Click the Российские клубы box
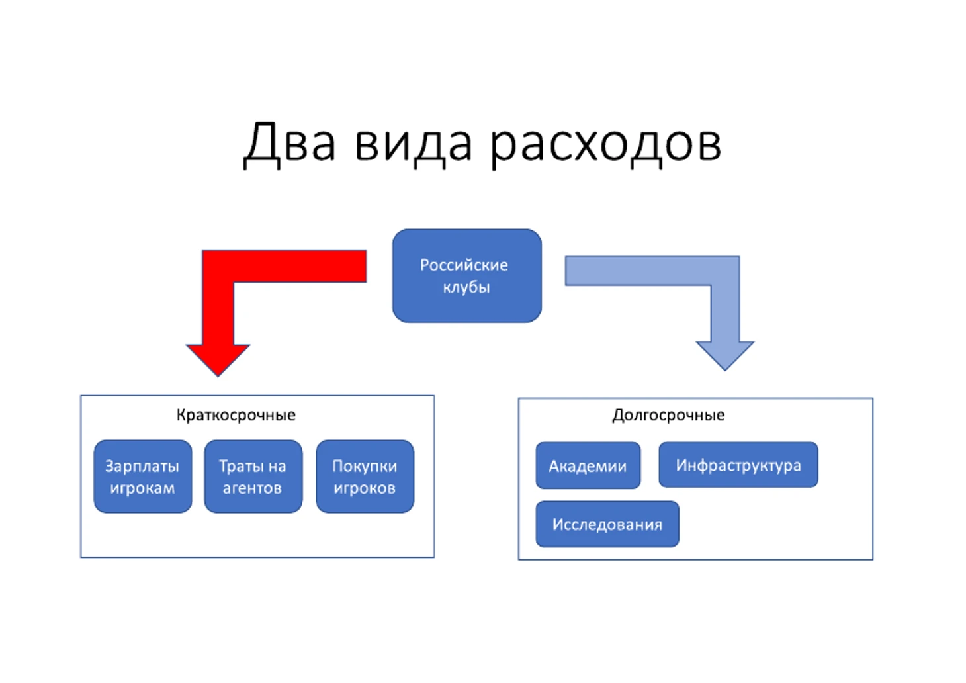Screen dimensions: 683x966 pos(466,275)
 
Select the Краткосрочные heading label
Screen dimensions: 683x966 pos(236,415)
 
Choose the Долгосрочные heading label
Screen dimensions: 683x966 pos(668,415)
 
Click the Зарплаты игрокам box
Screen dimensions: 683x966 pos(142,477)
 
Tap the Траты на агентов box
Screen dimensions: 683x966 pos(253,477)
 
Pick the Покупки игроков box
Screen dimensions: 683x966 pos(365,477)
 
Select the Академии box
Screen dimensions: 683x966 pos(588,466)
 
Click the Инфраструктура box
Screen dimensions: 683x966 pos(738,465)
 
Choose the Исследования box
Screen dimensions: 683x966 pos(607,524)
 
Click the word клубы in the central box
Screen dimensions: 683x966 pos(466,287)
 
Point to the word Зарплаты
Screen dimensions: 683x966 pos(142,466)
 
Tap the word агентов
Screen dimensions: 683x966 pos(252,488)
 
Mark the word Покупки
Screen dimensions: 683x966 pos(365,466)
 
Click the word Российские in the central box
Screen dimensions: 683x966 pos(464,265)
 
